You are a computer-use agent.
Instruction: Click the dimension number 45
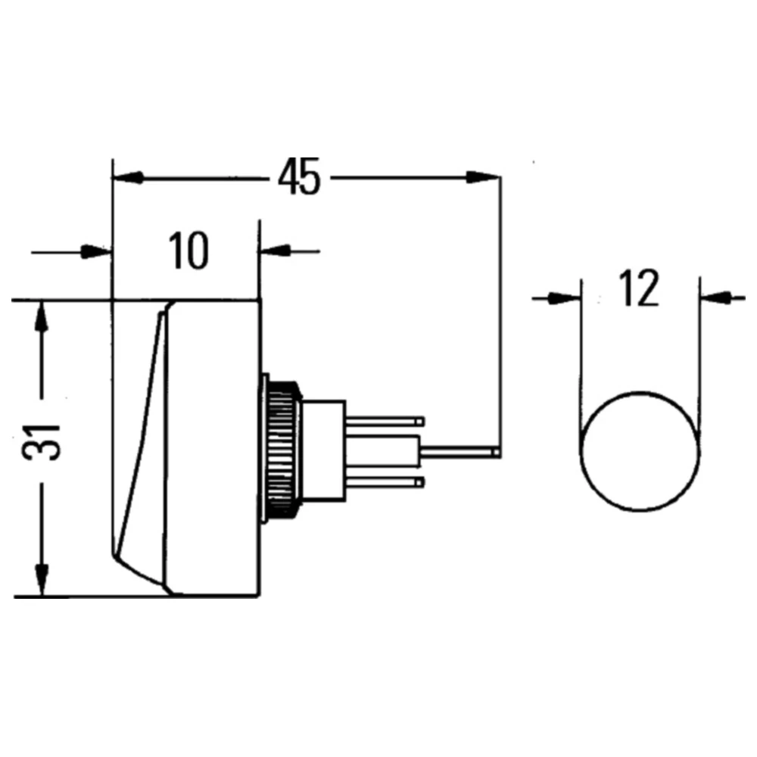click(x=299, y=176)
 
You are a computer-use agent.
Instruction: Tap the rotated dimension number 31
click(x=42, y=442)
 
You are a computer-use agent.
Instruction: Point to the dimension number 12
click(x=639, y=288)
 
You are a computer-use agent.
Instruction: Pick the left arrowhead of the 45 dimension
click(x=127, y=177)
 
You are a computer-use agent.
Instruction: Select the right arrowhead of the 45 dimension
click(x=483, y=177)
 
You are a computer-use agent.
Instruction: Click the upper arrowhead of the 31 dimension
click(x=42, y=316)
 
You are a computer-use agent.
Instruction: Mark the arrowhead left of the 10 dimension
click(x=96, y=251)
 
